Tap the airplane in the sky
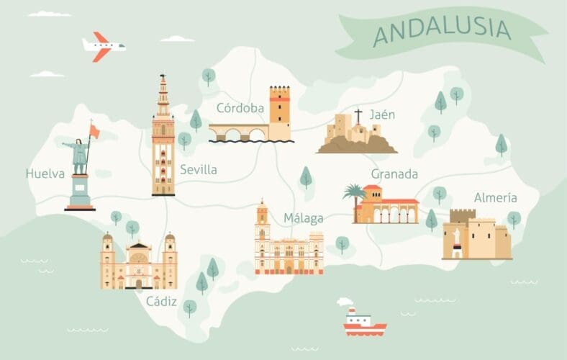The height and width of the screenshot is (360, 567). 103,47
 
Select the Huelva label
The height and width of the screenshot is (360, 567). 45,174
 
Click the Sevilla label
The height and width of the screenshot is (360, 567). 198,170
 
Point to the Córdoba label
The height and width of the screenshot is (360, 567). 241,109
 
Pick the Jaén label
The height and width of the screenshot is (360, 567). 382,114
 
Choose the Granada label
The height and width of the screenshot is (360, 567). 394,174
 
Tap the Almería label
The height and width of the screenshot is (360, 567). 496,197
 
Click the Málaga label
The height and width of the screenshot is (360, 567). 303,218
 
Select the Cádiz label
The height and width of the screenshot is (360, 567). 161,301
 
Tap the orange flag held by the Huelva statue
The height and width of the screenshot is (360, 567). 94,130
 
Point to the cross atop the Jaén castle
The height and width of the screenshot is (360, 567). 358,115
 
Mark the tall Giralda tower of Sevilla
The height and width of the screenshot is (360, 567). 163,137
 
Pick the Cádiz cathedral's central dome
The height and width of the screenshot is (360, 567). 138,249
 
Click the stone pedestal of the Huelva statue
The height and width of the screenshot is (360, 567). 79,193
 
